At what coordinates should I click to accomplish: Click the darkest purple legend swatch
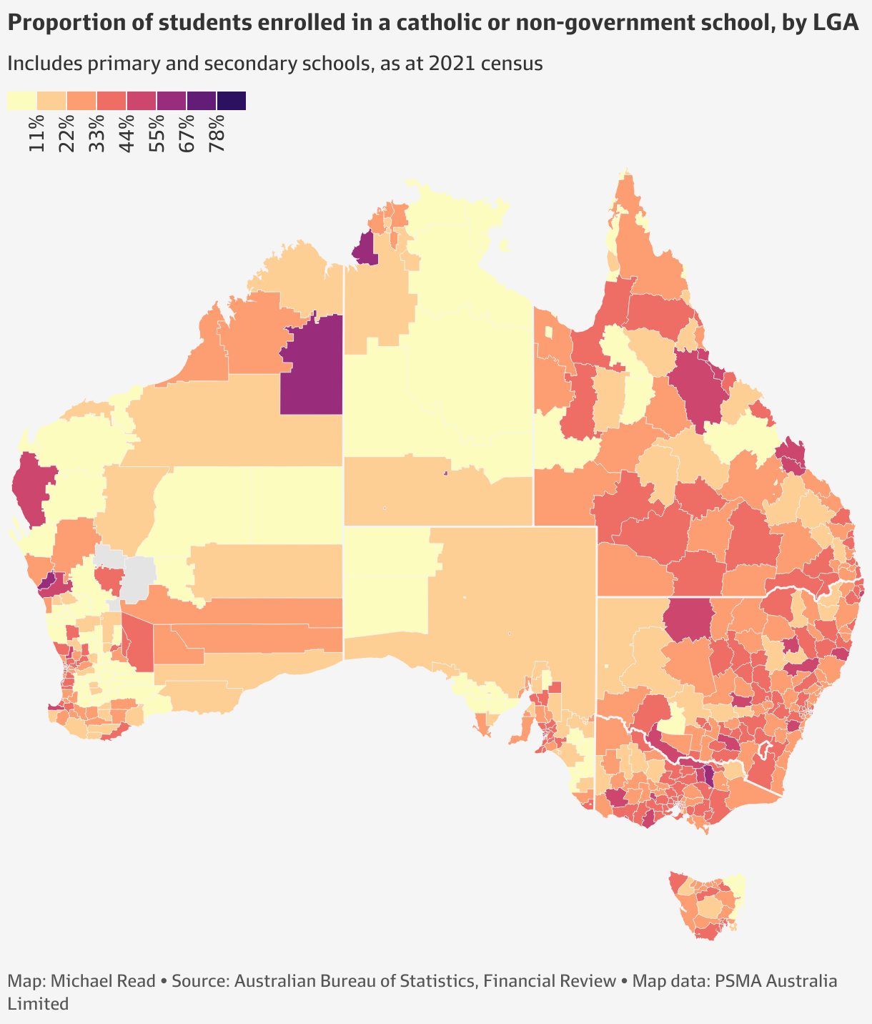[x=231, y=101]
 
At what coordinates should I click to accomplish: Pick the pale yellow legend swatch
[x=21, y=101]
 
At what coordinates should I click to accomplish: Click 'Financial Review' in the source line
[x=550, y=980]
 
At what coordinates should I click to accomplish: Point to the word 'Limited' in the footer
[x=38, y=1003]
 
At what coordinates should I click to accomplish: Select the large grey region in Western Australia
[x=139, y=576]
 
